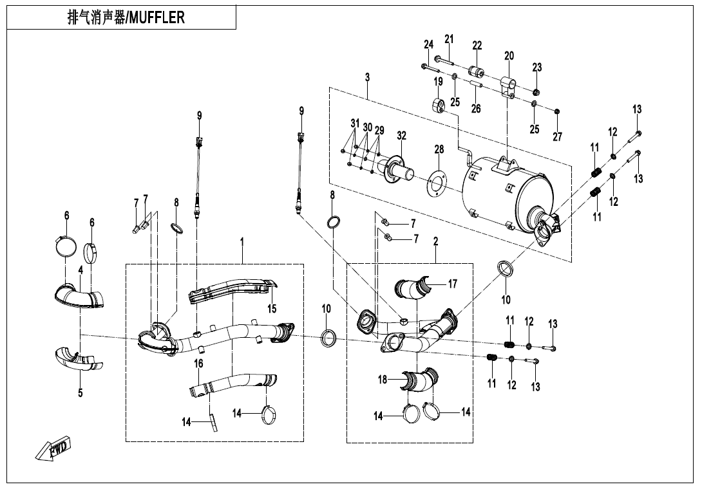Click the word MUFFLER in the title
click(x=157, y=17)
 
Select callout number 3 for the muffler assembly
click(x=367, y=77)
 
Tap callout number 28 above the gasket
click(x=439, y=150)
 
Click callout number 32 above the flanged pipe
click(x=402, y=135)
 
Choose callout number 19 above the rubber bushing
click(x=438, y=82)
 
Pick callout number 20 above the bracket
click(x=509, y=56)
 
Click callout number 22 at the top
click(x=477, y=45)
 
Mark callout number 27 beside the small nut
click(x=558, y=137)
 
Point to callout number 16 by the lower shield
click(x=199, y=364)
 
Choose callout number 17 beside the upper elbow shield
click(x=453, y=283)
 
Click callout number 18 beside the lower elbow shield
click(x=383, y=380)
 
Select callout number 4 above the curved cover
click(x=81, y=271)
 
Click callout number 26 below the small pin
click(x=476, y=109)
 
